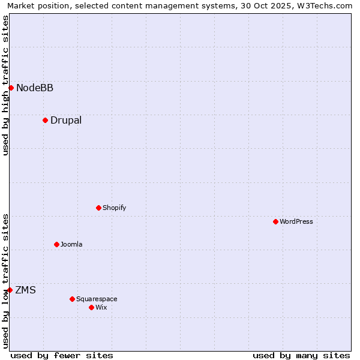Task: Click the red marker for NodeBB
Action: click(11, 88)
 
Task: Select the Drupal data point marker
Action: click(45, 120)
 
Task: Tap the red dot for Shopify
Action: click(98, 208)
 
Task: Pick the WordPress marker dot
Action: click(275, 221)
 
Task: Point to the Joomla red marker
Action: click(56, 244)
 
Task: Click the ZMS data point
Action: click(10, 290)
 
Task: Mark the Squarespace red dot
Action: click(72, 299)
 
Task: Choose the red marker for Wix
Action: click(91, 307)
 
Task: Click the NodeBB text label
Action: click(35, 88)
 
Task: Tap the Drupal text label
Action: click(66, 121)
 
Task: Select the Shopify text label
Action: click(114, 208)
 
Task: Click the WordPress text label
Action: click(296, 222)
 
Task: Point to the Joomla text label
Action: click(71, 245)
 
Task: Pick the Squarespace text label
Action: click(97, 299)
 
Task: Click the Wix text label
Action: click(101, 308)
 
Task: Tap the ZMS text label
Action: click(25, 290)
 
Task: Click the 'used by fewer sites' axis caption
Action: click(62, 355)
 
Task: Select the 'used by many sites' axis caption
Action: click(301, 355)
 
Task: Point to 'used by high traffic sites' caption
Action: click(6, 85)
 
